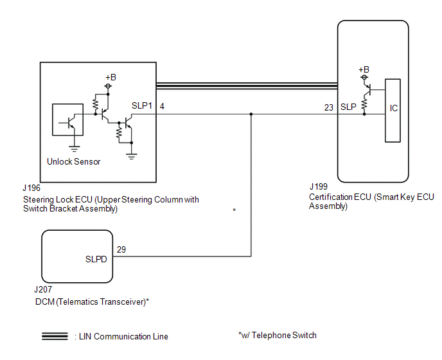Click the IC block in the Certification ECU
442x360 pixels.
pyautogui.click(x=393, y=109)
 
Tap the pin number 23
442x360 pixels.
pyautogui.click(x=329, y=107)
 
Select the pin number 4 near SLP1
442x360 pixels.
pyautogui.click(x=162, y=106)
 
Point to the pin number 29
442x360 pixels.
pyautogui.click(x=121, y=248)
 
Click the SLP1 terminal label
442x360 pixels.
pyautogui.click(x=141, y=106)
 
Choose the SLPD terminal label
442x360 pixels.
pyautogui.click(x=96, y=260)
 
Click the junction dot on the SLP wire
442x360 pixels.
pyautogui.click(x=251, y=114)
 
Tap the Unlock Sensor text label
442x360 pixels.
pyautogui.click(x=74, y=161)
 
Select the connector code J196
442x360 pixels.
pyautogui.click(x=31, y=188)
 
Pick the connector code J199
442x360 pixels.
pyautogui.click(x=319, y=187)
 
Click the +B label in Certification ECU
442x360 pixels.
pyautogui.click(x=364, y=69)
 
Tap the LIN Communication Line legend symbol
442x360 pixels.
pyautogui.click(x=55, y=336)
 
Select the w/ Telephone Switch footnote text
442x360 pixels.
pyautogui.click(x=277, y=335)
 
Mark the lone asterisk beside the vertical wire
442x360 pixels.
pyautogui.click(x=234, y=211)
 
